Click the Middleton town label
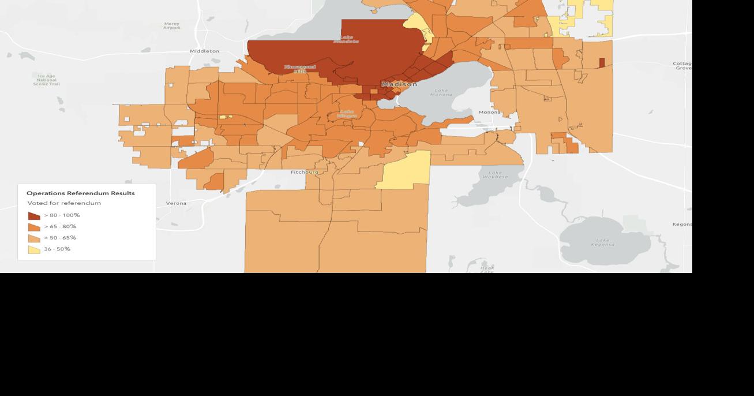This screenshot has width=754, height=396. click(x=204, y=51)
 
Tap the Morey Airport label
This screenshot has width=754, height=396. click(x=171, y=26)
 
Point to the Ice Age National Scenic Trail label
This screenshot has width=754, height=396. click(x=46, y=80)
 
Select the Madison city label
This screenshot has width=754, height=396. click(x=399, y=84)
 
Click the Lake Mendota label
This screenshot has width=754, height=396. click(x=346, y=39)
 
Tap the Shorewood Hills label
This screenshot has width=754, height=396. click(x=300, y=69)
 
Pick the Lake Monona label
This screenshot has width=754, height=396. click(x=441, y=92)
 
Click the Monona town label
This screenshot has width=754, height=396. click(x=489, y=112)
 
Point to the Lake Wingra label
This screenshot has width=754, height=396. click(x=346, y=113)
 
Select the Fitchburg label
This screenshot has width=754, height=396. click(x=304, y=172)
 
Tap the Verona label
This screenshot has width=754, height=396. click(x=176, y=203)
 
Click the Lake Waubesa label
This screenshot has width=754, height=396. click(x=498, y=174)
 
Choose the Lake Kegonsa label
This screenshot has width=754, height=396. click(x=602, y=242)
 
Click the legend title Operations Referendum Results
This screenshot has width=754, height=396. click(x=81, y=193)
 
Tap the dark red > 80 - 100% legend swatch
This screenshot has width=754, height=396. click(x=34, y=216)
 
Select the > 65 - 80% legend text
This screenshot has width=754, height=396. click(x=60, y=226)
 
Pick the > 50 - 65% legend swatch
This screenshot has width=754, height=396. click(x=34, y=238)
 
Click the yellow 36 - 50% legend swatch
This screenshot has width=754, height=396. click(x=34, y=249)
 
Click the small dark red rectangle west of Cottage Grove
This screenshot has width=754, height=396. click(x=602, y=62)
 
